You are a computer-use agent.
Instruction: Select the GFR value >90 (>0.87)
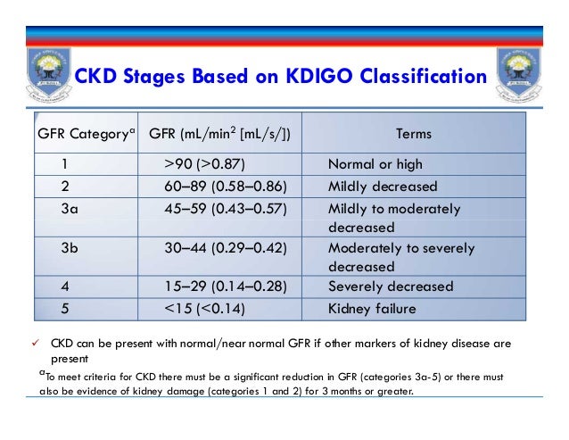(204, 164)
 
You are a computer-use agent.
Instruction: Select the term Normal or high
(375, 164)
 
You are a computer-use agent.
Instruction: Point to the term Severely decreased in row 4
(391, 287)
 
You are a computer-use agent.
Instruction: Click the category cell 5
(65, 310)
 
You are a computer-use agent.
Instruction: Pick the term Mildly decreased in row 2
(383, 187)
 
